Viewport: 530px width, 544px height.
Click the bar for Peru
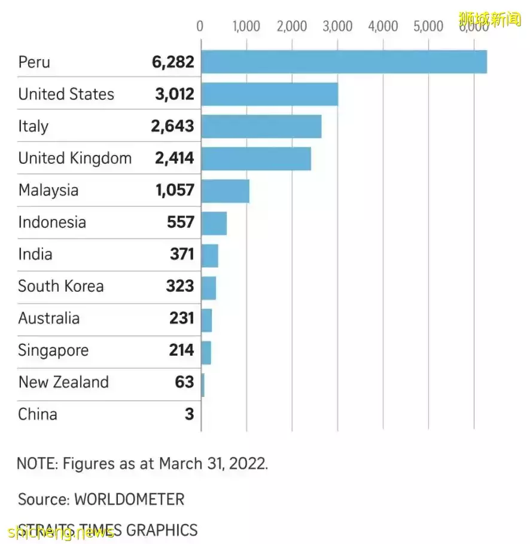(x=343, y=62)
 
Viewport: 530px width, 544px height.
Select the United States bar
(x=269, y=94)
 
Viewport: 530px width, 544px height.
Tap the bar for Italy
(x=261, y=126)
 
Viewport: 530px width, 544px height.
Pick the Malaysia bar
(x=225, y=191)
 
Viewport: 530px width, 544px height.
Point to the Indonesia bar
(x=214, y=223)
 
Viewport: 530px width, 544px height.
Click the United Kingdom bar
(x=256, y=158)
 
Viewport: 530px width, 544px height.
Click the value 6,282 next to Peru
(x=173, y=62)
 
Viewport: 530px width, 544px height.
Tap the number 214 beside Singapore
(x=181, y=350)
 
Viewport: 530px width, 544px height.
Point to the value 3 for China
(x=189, y=414)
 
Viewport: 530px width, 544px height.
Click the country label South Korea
(x=60, y=286)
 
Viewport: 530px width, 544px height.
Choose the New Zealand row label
(x=63, y=383)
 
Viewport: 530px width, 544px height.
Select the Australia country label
(x=48, y=318)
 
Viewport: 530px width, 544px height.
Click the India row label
(x=35, y=254)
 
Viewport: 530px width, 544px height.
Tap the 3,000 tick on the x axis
(x=337, y=26)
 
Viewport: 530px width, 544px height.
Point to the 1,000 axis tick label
(x=246, y=26)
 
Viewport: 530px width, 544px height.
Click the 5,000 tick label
(x=428, y=26)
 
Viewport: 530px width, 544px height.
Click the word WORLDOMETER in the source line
(x=129, y=499)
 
